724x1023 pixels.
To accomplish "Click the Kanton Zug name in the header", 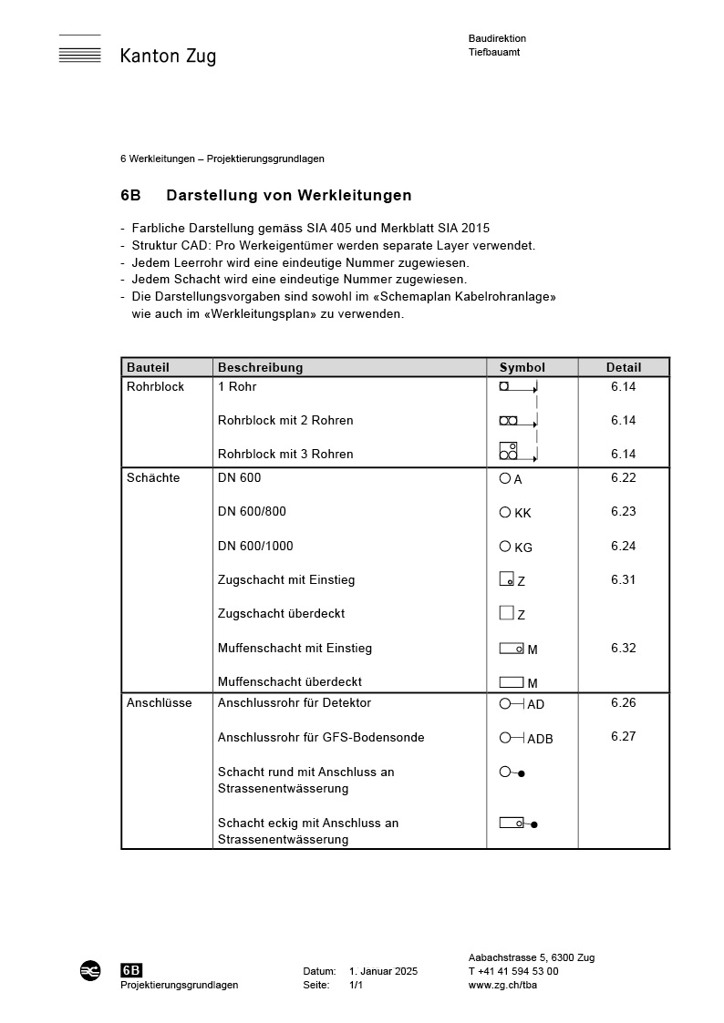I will click(x=168, y=56).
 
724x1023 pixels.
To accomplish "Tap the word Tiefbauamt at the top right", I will click(x=494, y=53).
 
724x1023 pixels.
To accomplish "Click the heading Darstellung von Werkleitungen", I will click(x=289, y=195).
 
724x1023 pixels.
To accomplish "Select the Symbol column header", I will click(x=522, y=368).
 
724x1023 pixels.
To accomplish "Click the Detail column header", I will click(x=624, y=368).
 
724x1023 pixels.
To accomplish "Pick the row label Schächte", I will click(x=153, y=477).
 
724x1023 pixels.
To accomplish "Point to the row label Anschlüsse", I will click(x=160, y=703).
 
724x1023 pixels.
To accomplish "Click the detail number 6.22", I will click(x=624, y=477).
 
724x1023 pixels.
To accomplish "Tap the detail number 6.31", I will click(x=624, y=579).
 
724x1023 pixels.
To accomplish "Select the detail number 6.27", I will click(x=624, y=737).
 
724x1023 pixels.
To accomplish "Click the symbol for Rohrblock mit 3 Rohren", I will click(x=509, y=451).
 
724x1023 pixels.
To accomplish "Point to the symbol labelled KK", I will click(x=515, y=513).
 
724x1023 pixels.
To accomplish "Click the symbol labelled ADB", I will click(x=525, y=738).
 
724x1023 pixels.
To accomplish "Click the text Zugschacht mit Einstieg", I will click(x=286, y=579).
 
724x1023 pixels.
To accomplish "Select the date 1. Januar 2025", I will click(x=383, y=972).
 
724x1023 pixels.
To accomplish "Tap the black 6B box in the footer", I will click(x=131, y=971).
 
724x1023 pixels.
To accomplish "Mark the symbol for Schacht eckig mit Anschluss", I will click(x=518, y=824).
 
